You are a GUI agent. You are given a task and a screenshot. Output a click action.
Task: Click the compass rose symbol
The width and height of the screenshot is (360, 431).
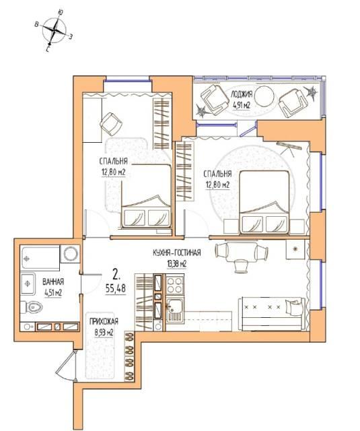[55, 31]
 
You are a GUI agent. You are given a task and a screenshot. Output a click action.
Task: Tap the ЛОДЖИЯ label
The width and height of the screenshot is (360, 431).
[242, 94]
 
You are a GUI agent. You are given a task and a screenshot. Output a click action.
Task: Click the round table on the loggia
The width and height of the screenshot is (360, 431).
[264, 96]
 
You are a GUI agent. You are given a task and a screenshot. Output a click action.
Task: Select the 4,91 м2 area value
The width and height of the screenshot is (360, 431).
[242, 105]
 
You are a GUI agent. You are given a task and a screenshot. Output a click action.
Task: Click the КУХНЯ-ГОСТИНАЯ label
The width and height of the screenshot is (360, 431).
[177, 253]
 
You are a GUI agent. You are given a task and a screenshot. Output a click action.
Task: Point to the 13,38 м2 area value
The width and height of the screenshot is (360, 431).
[177, 264]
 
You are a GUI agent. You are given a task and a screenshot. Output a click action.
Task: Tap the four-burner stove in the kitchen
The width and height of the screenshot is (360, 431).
[175, 285]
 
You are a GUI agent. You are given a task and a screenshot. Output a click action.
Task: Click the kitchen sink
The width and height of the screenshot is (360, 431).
[175, 310]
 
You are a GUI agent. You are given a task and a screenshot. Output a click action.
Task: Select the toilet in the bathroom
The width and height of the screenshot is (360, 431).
[32, 307]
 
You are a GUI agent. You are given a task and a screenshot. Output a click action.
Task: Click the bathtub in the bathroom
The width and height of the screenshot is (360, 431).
[40, 258]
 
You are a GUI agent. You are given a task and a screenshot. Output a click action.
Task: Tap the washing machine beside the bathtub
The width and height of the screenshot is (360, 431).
[71, 253]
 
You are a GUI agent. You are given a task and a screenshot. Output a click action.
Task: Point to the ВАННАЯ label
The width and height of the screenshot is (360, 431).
[53, 281]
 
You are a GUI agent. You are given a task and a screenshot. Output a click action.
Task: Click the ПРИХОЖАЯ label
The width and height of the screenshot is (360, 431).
[104, 321]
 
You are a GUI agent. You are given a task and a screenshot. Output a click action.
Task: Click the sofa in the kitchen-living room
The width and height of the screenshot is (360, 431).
[272, 314]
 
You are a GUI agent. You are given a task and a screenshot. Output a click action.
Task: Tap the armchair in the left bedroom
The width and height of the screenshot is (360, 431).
[111, 124]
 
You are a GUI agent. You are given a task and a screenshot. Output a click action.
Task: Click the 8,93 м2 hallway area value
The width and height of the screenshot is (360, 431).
[104, 333]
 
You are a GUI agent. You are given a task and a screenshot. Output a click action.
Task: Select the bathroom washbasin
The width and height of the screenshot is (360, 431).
[28, 284]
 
